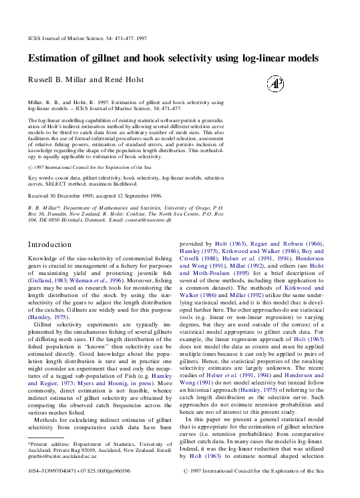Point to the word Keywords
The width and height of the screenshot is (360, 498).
41,178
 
